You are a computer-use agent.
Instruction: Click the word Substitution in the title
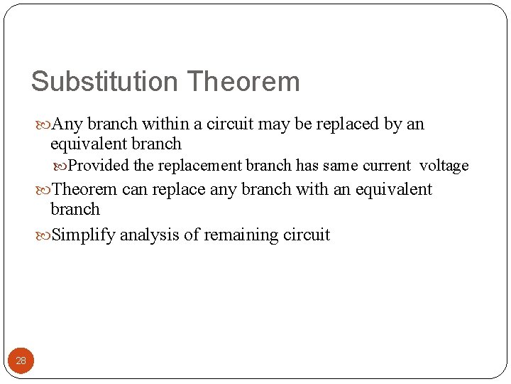click(x=98, y=82)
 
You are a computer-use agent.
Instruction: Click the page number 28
click(x=21, y=361)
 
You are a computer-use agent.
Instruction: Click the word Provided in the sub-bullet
click(x=99, y=166)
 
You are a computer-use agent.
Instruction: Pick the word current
click(x=386, y=166)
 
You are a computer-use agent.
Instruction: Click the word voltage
click(x=444, y=166)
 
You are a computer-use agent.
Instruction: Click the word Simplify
click(x=84, y=235)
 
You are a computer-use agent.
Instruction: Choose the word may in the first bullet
click(x=274, y=124)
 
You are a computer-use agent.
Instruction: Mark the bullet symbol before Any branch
click(x=44, y=124)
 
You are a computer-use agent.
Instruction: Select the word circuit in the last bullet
click(x=306, y=235)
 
